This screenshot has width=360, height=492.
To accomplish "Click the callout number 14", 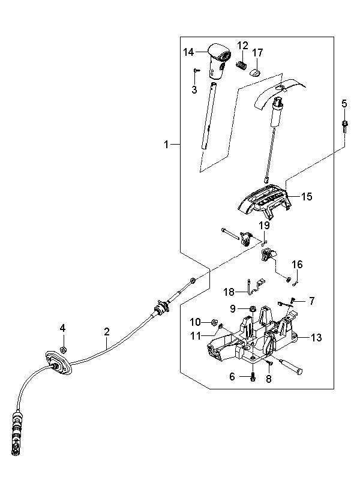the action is [188, 52].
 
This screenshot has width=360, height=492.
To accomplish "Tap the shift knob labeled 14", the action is [219, 60].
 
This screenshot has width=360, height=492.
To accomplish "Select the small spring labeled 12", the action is [241, 65].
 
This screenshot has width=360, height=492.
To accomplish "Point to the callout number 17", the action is [257, 52].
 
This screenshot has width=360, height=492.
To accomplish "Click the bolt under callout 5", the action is [344, 127].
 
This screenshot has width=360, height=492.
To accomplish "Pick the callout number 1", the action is [166, 145].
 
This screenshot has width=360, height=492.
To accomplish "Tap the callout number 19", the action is [264, 225].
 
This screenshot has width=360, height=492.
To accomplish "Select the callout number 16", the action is [297, 265].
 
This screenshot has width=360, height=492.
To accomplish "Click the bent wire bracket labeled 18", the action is [256, 286].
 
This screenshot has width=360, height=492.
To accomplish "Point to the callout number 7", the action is [311, 301].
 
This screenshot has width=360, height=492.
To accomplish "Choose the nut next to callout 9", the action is [252, 309].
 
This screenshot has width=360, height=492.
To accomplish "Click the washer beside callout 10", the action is [215, 322].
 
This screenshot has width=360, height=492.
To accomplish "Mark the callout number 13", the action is [316, 337].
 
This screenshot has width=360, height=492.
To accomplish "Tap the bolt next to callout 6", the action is [253, 377].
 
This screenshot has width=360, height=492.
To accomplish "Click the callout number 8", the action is [269, 379].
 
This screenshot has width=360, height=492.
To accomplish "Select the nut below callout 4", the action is [63, 349].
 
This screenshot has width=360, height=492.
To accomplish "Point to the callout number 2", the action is [107, 331].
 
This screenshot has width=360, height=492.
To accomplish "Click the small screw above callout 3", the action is [196, 70].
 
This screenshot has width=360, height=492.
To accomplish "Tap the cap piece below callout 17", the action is [255, 73].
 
